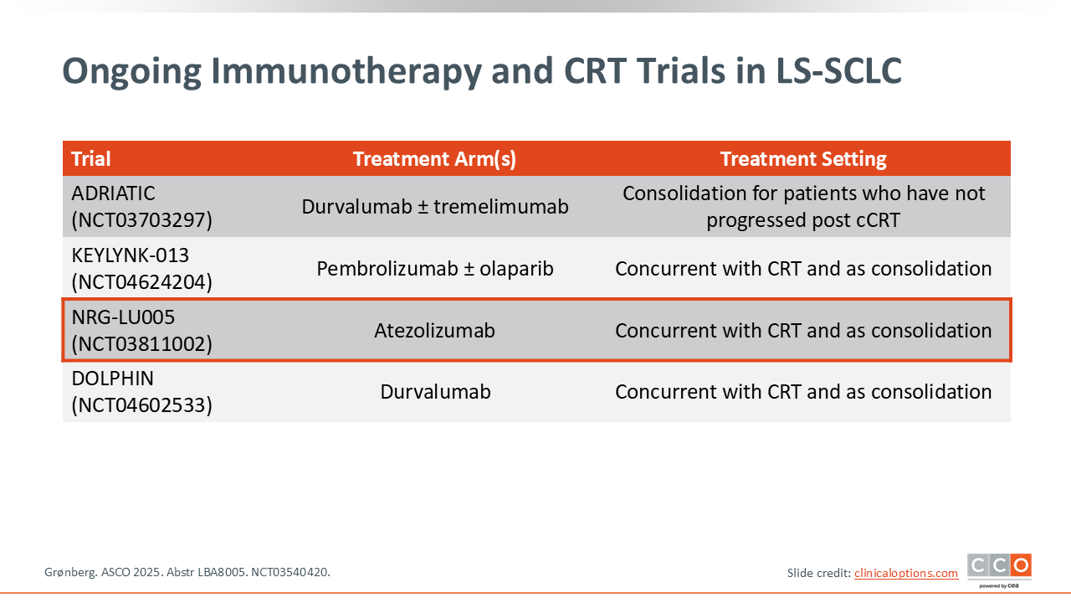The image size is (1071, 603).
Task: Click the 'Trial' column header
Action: coord(91,159)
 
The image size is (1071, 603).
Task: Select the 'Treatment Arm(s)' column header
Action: coord(434,159)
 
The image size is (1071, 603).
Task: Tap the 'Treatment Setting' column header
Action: coord(803,159)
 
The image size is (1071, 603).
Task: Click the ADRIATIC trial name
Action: coord(113,193)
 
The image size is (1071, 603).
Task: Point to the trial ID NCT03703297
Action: coord(142,220)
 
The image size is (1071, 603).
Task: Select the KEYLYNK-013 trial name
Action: coord(130,255)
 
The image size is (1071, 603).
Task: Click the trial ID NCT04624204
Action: coord(142,282)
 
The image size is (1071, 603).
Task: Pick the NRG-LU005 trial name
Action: coord(123,317)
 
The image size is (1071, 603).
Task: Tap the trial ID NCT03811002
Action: coord(142,343)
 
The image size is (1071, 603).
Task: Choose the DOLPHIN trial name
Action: coord(113,379)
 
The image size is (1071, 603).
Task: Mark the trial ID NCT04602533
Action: coord(142,405)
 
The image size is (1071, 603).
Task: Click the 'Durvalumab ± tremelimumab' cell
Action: coord(435,207)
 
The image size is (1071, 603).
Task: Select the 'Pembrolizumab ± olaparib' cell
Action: coord(435,269)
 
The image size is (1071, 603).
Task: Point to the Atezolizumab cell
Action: coord(434,330)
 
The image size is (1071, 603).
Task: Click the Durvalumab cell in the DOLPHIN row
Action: coord(436,391)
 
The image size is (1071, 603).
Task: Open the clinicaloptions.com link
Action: coord(906,573)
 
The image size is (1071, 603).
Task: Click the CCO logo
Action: coord(999,570)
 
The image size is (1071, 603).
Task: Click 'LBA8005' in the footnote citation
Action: coord(226,572)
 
